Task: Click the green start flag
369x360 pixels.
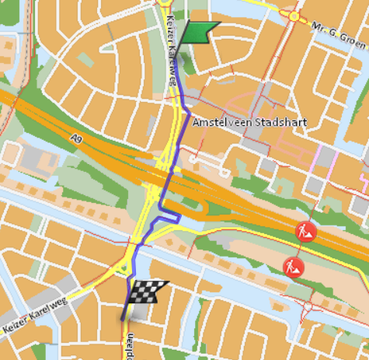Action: point(197,32)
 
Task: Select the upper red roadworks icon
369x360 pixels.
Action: point(304,230)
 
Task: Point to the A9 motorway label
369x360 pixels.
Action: point(75,138)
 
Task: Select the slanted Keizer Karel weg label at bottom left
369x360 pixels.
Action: point(35,316)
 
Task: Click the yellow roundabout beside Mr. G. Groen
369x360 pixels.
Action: point(294,16)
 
